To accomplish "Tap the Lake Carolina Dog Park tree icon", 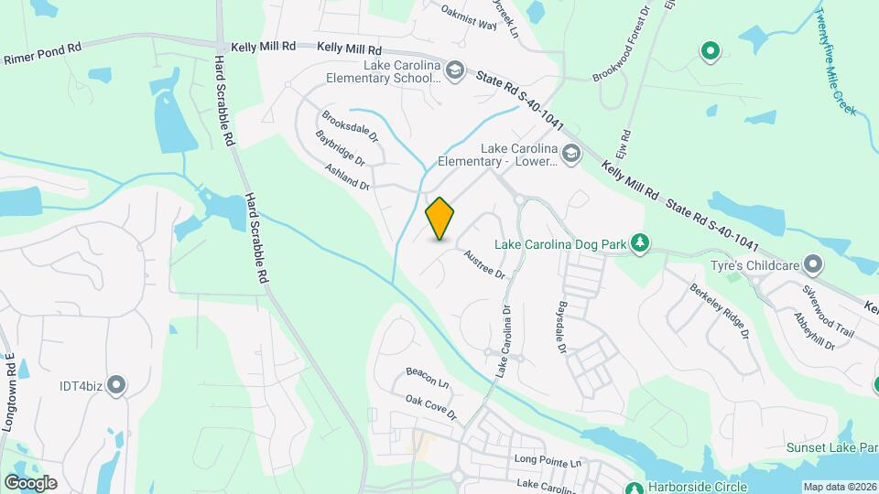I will point(643,243).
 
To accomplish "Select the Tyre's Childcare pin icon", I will point(812,265).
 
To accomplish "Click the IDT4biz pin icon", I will point(115,385).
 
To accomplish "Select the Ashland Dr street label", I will point(347,176).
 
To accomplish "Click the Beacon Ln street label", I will point(428,376).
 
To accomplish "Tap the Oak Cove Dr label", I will point(430,407).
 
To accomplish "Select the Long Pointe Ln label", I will point(548,462).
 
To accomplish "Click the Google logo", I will point(30,482).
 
